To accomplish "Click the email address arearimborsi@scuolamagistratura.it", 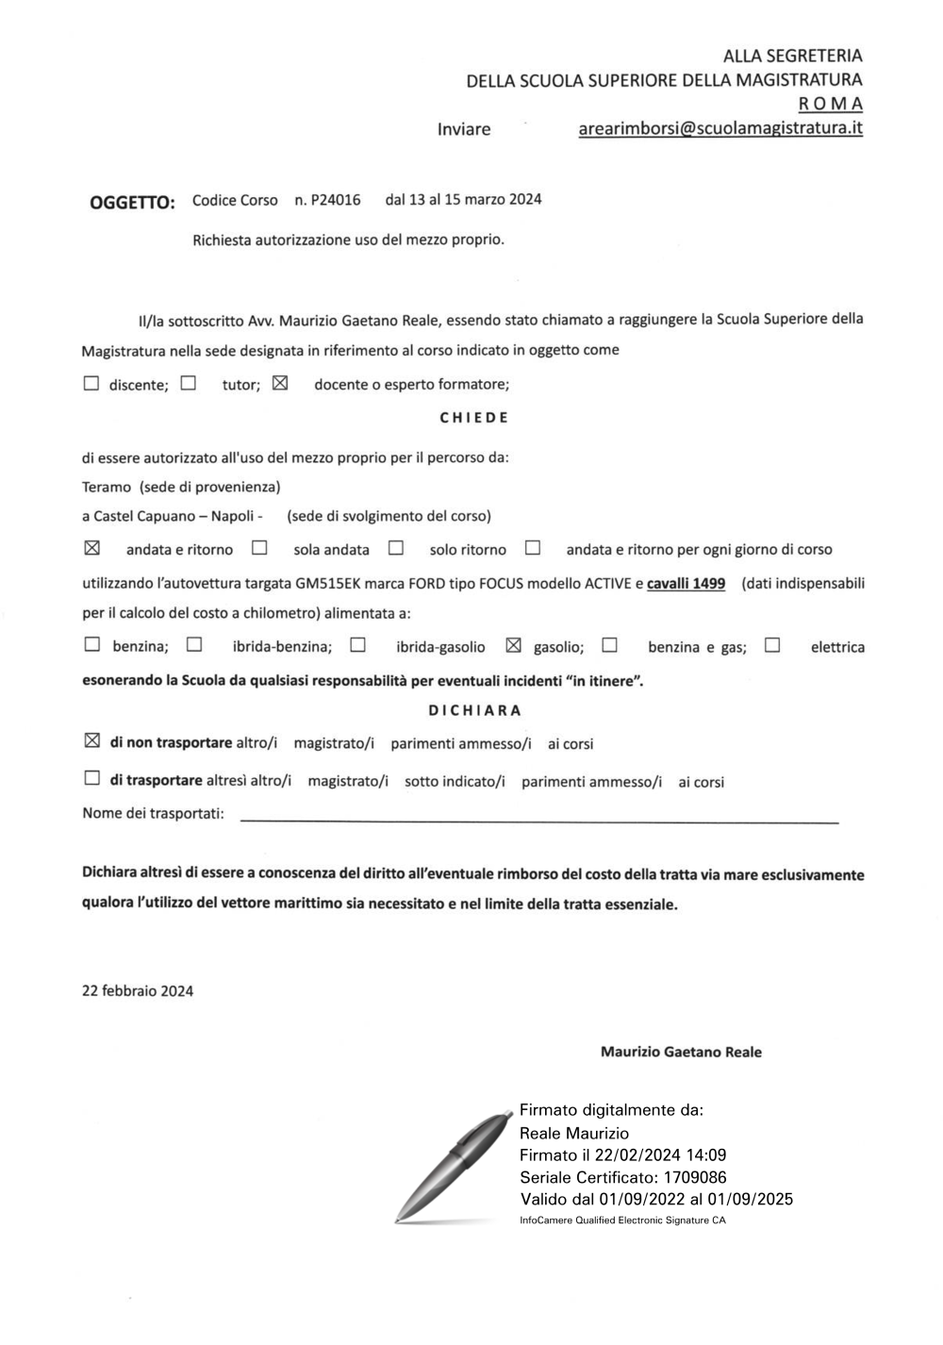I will (x=720, y=128).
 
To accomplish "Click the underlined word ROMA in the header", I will (x=830, y=104).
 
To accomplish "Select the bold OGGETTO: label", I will (x=132, y=203).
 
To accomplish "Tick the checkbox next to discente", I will (x=91, y=384).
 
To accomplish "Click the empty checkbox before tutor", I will (x=189, y=384).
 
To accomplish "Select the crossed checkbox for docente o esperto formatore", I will (x=280, y=384).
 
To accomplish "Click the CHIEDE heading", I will (x=474, y=418).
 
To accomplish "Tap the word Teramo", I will (x=107, y=487).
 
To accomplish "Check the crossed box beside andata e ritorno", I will (x=91, y=548).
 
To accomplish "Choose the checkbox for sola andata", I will (x=259, y=548).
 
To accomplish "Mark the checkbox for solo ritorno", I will (x=396, y=548).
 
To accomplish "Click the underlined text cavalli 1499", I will (x=686, y=584).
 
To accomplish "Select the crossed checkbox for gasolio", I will (x=513, y=646).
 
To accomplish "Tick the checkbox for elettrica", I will (x=772, y=646).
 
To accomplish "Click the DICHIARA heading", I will (x=474, y=710).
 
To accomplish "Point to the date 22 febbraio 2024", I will (x=138, y=990).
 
